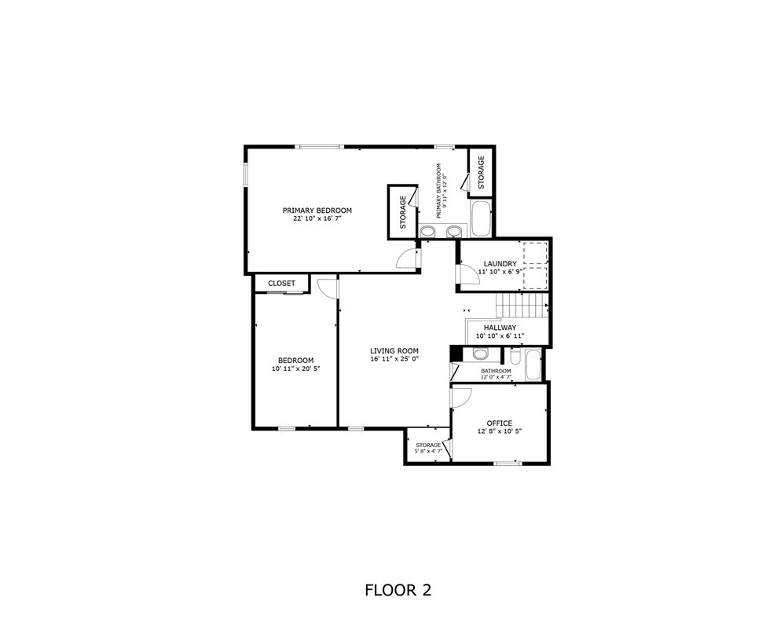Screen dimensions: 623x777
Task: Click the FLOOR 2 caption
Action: [398, 589]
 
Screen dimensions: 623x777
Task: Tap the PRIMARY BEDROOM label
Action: [317, 211]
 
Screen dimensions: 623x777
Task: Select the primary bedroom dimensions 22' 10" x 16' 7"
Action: [317, 219]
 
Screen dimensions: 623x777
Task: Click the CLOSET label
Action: [281, 284]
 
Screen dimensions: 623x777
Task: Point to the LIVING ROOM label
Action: [394, 351]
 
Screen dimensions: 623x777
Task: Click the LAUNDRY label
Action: [500, 264]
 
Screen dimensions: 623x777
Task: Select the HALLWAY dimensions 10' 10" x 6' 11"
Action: [500, 336]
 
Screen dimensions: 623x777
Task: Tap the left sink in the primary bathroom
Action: [428, 231]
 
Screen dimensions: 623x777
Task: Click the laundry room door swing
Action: [468, 274]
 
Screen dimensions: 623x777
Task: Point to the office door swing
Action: [460, 398]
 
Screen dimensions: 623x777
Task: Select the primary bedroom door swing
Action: [408, 258]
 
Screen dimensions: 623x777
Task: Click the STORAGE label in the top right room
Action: [481, 171]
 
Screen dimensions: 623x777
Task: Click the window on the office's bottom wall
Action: [507, 463]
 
